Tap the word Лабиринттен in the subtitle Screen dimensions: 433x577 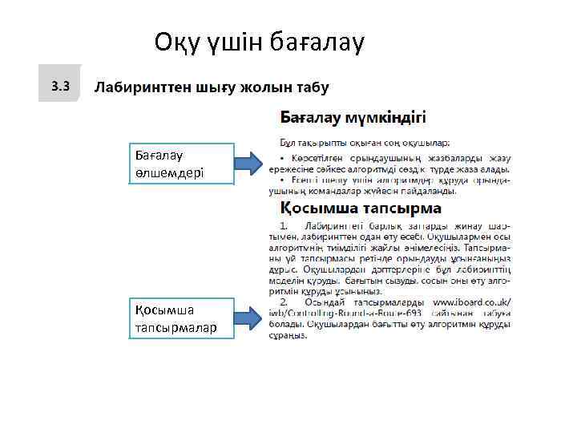click(141, 87)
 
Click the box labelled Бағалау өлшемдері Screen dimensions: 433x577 click(182, 164)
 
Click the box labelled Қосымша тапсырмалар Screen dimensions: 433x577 click(182, 318)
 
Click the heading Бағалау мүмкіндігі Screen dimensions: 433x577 click(353, 118)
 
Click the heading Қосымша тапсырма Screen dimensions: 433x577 click(360, 208)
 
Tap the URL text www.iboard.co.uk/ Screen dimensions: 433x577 click(471, 303)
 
